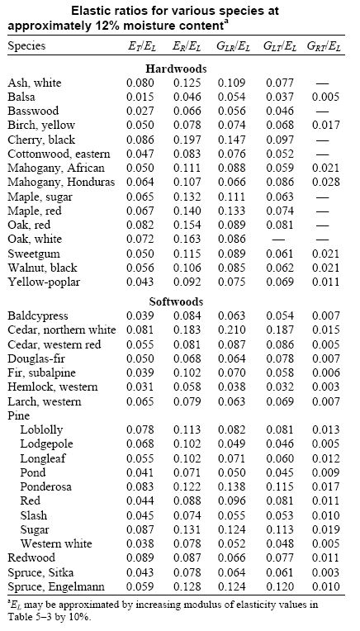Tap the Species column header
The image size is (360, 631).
coord(26,46)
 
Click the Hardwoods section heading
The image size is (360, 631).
coord(179,69)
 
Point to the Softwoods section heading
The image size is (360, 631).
coord(179,301)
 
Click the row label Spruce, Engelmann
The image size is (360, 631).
coord(52,588)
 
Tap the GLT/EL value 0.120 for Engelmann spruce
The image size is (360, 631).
coord(281,588)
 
